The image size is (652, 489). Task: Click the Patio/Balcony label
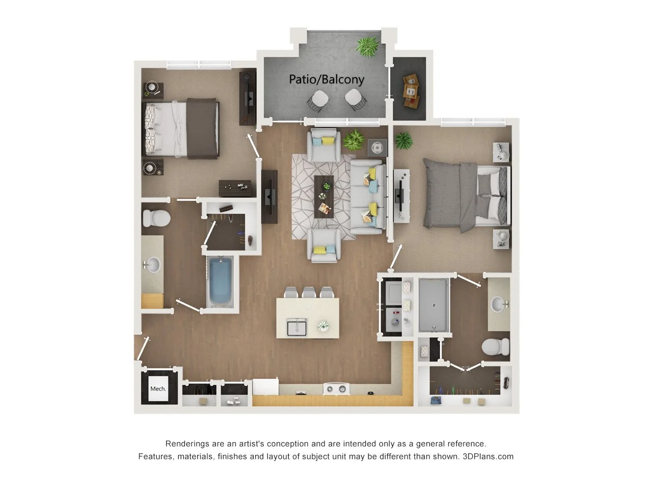coord(327,79)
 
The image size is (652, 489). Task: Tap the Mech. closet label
coord(158,389)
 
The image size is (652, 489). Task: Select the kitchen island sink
coord(296,327)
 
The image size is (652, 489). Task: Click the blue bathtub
coord(221,281)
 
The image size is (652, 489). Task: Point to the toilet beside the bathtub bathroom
coord(156,218)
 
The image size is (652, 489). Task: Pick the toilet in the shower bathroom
coord(495,347)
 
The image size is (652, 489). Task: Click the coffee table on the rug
coord(323,196)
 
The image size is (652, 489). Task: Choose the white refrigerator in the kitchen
coord(265,387)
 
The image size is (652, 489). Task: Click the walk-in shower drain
coord(433,306)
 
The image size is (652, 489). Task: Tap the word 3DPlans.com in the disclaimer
coord(488,456)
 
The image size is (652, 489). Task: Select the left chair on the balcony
coord(319,99)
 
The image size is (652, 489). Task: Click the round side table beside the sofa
coord(377,148)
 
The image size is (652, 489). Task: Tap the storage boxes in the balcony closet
coord(411,91)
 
